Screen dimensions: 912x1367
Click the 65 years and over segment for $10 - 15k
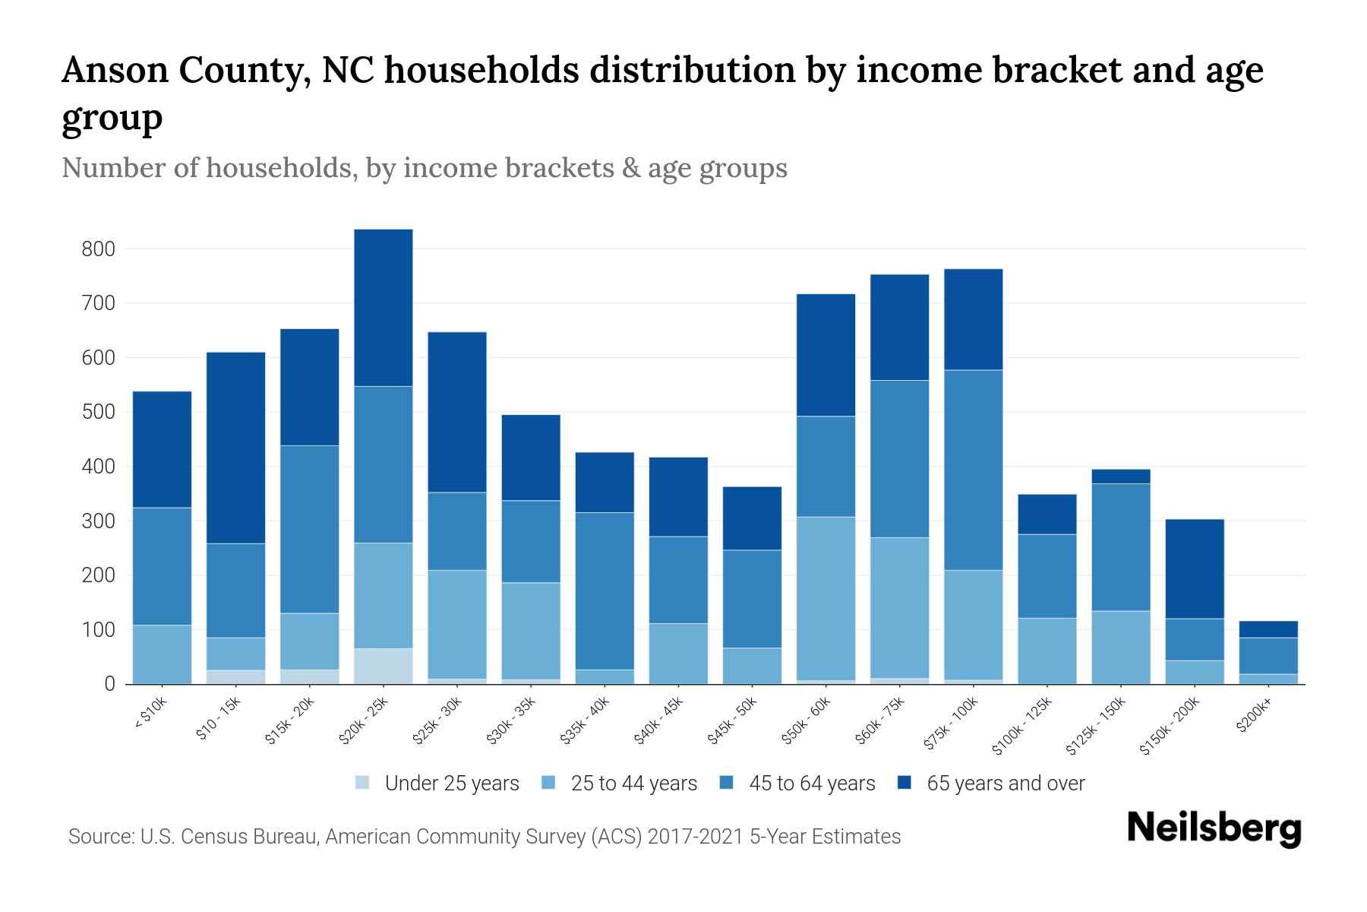235,448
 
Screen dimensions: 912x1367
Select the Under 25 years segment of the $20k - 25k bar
383,666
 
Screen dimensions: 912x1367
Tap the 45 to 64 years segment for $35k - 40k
605,591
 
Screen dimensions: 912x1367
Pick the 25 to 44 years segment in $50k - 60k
826,598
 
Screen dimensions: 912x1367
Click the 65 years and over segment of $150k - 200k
1195,568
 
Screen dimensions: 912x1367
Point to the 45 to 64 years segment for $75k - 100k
973,470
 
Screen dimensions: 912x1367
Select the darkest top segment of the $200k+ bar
1268,629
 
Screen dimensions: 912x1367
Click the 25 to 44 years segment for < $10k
162,654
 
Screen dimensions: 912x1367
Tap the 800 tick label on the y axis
99,249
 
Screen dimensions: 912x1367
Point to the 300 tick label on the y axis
99,521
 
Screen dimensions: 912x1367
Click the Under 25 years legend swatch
363,783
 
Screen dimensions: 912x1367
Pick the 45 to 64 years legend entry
812,784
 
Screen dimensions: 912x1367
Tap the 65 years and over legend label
1006,784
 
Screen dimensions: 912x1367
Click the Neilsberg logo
1214,828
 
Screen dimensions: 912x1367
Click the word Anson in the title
115,71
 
